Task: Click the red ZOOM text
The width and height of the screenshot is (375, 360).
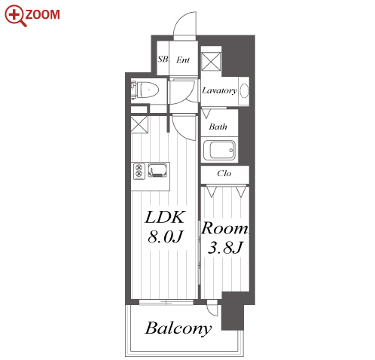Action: [42, 14]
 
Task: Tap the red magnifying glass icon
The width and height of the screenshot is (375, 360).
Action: [15, 16]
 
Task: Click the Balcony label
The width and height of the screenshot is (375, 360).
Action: [178, 328]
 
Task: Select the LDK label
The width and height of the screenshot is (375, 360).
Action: [165, 217]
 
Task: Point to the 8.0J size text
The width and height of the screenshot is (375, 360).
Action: [166, 236]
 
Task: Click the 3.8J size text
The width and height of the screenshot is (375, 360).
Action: [225, 247]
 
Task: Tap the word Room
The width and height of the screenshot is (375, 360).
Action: [224, 228]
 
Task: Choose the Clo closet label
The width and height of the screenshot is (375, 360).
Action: [224, 173]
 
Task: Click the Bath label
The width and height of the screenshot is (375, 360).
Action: [218, 127]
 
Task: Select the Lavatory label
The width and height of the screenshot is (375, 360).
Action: [219, 90]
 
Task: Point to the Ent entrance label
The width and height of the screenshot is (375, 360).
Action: [183, 60]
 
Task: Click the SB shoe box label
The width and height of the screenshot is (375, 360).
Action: [163, 59]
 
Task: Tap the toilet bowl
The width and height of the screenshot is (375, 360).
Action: [149, 90]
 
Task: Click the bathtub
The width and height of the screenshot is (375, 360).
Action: [219, 150]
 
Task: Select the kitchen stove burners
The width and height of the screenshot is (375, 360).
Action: [139, 171]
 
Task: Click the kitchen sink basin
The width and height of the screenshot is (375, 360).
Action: [157, 170]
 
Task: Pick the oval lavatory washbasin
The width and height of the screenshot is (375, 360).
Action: [244, 90]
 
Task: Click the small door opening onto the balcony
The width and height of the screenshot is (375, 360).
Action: [212, 307]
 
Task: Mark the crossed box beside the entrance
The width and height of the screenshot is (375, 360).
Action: [211, 62]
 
